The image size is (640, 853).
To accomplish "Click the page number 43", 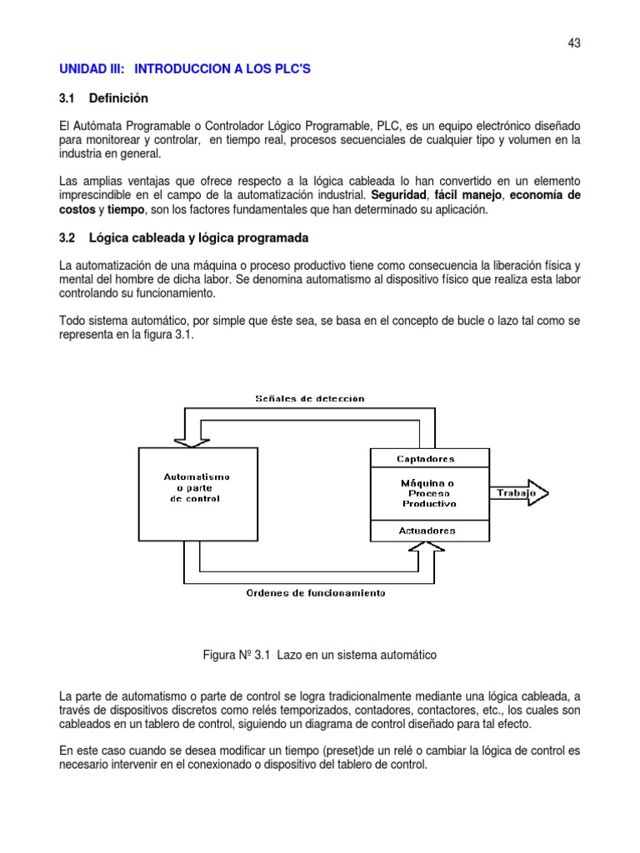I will tap(573, 43).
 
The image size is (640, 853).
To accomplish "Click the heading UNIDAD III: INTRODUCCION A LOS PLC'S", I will tap(184, 69).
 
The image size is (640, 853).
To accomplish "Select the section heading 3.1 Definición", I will tap(103, 98).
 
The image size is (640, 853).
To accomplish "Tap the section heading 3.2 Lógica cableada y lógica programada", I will tap(183, 238).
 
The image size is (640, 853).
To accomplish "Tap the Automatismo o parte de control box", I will tap(197, 487).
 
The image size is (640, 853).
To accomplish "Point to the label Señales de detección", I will tap(309, 398).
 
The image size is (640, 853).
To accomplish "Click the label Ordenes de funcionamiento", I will tap(315, 593).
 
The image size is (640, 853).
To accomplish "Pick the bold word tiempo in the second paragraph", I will tap(126, 210).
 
